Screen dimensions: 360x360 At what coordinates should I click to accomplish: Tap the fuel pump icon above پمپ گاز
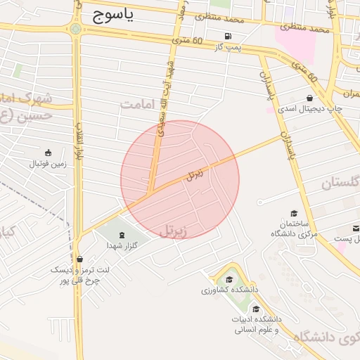click(x=227, y=37)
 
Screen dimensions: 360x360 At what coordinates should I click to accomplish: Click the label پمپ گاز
click(x=227, y=47)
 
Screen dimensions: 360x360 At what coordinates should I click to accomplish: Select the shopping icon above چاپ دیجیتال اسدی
click(x=309, y=98)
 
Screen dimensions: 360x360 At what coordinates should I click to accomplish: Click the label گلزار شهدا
click(x=120, y=245)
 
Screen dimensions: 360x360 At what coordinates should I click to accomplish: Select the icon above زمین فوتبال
click(x=48, y=153)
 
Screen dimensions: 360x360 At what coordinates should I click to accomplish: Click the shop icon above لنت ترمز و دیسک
click(x=79, y=259)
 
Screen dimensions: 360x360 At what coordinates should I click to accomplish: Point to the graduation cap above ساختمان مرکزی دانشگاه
click(x=293, y=213)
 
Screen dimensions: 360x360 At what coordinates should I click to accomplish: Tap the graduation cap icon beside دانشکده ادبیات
click(x=256, y=309)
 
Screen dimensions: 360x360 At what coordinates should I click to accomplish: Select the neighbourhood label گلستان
click(x=341, y=182)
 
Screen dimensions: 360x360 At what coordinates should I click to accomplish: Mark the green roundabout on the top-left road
click(x=75, y=29)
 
